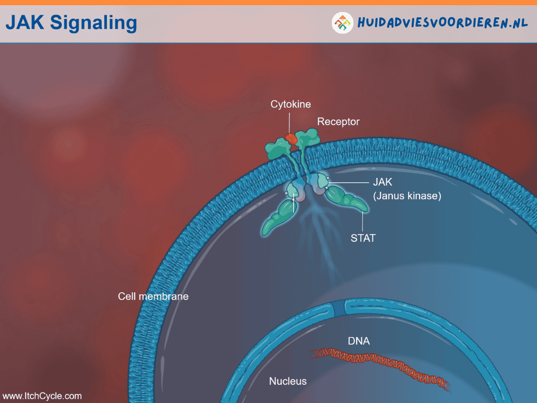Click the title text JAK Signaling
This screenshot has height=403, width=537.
(71, 23)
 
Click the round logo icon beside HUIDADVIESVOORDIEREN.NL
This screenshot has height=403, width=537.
(342, 23)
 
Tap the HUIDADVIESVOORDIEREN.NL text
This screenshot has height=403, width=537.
(443, 23)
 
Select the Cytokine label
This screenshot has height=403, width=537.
(291, 104)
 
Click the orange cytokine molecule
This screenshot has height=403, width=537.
(291, 139)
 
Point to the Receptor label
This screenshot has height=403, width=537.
(338, 122)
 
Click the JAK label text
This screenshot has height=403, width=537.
(382, 182)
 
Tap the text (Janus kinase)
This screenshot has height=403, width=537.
(407, 196)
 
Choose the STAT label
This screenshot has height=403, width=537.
(363, 238)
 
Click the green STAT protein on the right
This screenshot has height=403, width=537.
(347, 199)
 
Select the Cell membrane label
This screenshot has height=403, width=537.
(153, 296)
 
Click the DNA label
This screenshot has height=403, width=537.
(359, 341)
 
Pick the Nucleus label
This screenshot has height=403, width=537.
(288, 381)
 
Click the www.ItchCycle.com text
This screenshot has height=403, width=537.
(42, 396)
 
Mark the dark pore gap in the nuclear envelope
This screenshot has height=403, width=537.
(339, 307)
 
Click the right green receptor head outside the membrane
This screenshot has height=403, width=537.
(307, 139)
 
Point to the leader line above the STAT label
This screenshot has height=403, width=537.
(363, 221)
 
